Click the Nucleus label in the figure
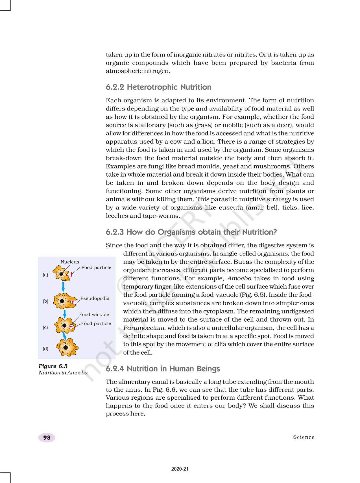coord(70,262)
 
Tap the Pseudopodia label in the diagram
coord(95,298)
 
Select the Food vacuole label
coord(94,315)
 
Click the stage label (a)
coord(45,275)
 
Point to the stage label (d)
coord(45,349)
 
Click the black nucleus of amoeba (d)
coord(66,348)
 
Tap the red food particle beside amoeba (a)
coord(72,274)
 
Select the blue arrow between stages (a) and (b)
coord(63,286)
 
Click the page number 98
coord(47,438)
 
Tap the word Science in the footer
coord(304,437)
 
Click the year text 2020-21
coord(180,469)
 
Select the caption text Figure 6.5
coord(53,366)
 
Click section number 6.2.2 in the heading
coord(115,87)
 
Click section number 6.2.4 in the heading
coord(115,369)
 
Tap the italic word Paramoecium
coord(144,328)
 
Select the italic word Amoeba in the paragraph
coord(239,278)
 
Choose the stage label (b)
coord(45,301)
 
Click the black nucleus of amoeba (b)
coord(62,301)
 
